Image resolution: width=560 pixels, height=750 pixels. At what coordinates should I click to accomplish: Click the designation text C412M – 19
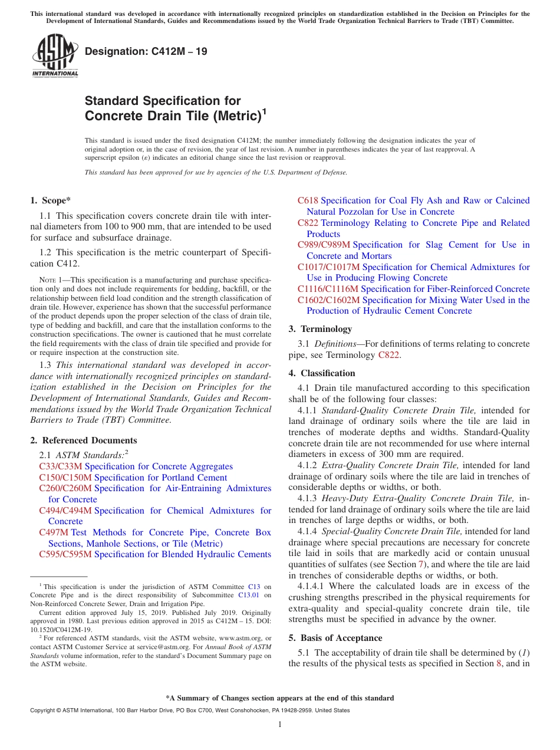146,51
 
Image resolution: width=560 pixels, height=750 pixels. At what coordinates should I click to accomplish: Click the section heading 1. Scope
51,200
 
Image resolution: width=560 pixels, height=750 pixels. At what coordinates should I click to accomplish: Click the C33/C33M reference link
61,466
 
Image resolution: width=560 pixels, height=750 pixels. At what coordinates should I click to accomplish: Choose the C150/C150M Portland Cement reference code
65,478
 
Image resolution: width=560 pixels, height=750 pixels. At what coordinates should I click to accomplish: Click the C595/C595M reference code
65,554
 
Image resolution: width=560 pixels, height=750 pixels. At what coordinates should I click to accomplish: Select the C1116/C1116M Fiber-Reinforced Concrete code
328,289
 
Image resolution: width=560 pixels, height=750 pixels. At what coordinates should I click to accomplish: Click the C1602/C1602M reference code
328,300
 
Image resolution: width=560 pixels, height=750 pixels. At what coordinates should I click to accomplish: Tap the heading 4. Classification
322,373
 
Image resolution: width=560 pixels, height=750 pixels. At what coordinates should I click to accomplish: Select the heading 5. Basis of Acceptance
335,638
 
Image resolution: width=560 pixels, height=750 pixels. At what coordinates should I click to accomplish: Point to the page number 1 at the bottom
280,724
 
